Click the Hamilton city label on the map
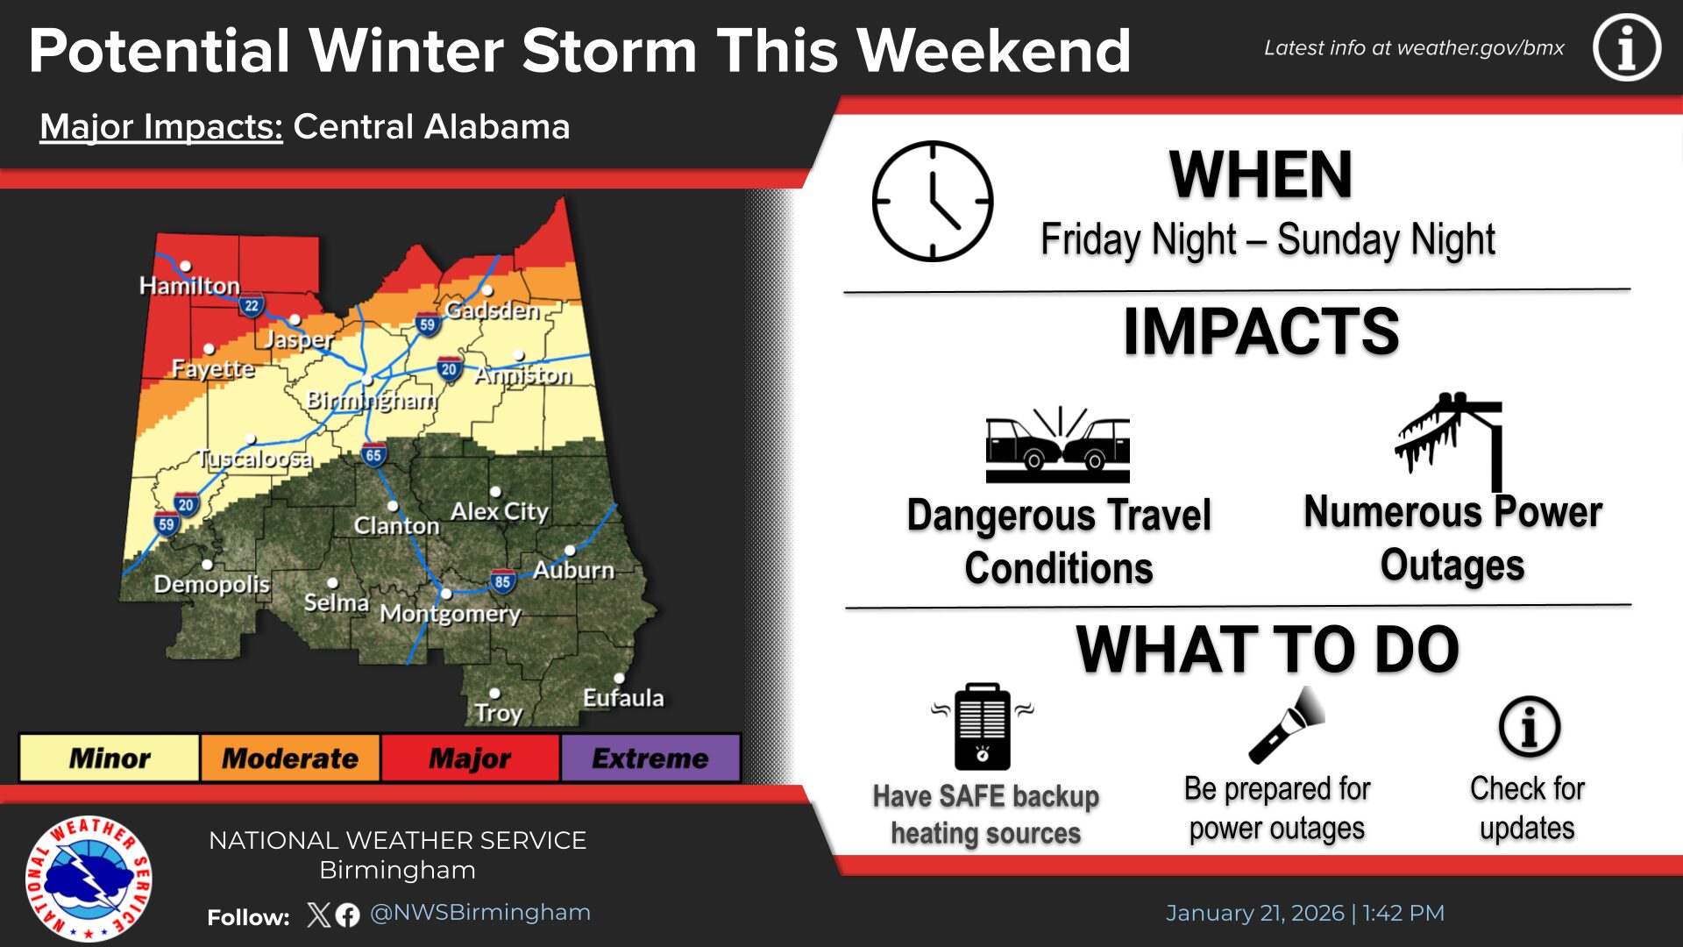(189, 286)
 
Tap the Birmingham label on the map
(372, 401)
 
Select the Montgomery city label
(451, 614)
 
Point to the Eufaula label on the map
(623, 698)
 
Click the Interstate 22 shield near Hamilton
(252, 306)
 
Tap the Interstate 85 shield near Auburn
(502, 580)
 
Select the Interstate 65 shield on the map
(373, 454)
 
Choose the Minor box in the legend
(110, 758)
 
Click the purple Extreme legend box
(650, 758)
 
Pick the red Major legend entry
(470, 758)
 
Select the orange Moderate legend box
(290, 758)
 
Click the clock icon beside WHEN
(933, 201)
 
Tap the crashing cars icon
(1058, 445)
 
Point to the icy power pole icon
(1450, 440)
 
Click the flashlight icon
(1287, 725)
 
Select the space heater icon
(982, 726)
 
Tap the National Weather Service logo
(89, 878)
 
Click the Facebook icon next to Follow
(348, 915)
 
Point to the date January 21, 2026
(1254, 913)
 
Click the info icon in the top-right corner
(1627, 47)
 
